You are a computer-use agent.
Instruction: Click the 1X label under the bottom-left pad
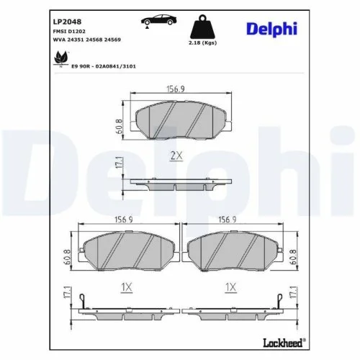coord(126,287)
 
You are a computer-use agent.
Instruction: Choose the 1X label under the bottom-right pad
coord(230,287)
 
